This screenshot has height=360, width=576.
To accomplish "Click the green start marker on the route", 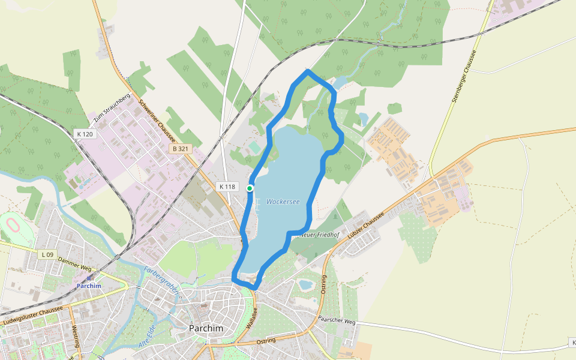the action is pos(250,188).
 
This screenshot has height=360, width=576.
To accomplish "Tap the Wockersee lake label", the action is pos(283,202).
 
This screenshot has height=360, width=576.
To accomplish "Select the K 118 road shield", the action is pos(227,187).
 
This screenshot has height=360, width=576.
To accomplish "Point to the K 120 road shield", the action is pos(85,134).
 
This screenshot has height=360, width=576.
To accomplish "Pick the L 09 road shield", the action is pos(48,254).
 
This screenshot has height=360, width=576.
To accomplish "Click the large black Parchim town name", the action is pos(206,329).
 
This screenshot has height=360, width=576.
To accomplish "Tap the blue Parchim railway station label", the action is pos(88,286).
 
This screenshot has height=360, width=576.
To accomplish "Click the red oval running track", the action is pos(11,227).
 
